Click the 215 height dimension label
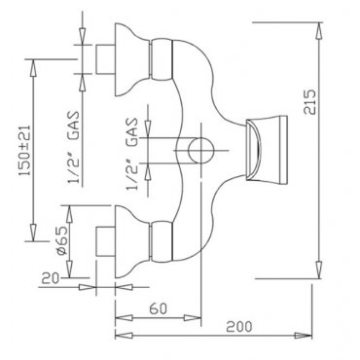(x=310, y=101)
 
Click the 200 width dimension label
(x=239, y=326)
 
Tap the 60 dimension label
(x=159, y=308)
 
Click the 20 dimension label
(x=50, y=278)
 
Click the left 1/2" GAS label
(x=74, y=148)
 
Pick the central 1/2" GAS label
(x=132, y=154)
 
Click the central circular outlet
(x=200, y=150)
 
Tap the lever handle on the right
(x=267, y=150)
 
